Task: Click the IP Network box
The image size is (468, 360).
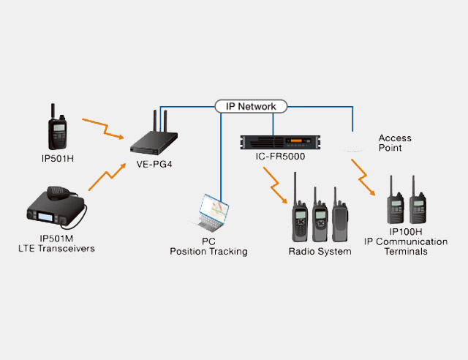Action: (x=251, y=106)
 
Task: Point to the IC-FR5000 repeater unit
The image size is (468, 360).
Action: (x=280, y=142)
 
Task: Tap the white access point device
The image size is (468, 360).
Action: (x=353, y=146)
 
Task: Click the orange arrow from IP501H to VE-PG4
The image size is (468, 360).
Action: (x=103, y=129)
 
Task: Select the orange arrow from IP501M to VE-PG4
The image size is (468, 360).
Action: (x=107, y=177)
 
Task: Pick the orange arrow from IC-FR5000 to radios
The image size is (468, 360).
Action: (x=275, y=185)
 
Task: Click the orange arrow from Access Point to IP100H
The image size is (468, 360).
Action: (x=363, y=178)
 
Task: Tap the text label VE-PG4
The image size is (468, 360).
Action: (x=154, y=165)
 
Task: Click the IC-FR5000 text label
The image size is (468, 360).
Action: (x=280, y=157)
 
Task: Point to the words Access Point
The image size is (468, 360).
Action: (x=395, y=143)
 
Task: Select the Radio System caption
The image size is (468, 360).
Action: (x=320, y=252)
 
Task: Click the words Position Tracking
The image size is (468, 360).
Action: (x=208, y=252)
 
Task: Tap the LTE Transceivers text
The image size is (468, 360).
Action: (x=56, y=249)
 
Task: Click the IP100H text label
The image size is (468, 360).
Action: (x=406, y=231)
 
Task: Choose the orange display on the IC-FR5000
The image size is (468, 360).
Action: (x=296, y=140)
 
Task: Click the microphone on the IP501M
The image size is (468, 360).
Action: (x=58, y=192)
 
